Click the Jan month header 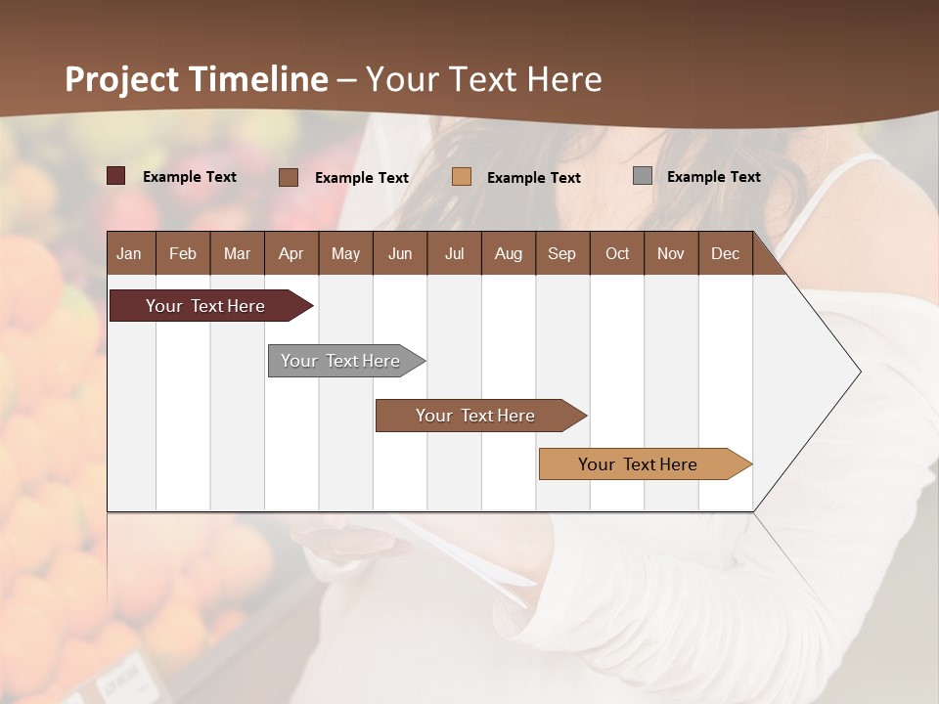coord(129,253)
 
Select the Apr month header coord(291,253)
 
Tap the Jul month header coord(454,253)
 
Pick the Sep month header coord(561,253)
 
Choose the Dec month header coord(725,253)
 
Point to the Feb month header coord(183,253)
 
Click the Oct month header coord(617,253)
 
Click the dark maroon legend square coord(116,176)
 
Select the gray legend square coord(643,176)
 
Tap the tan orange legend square coord(462,177)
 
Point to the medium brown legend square coord(289,177)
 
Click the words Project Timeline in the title coord(197,79)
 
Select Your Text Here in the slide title coord(484,79)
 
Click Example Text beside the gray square coord(713,177)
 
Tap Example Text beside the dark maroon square coord(190,177)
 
